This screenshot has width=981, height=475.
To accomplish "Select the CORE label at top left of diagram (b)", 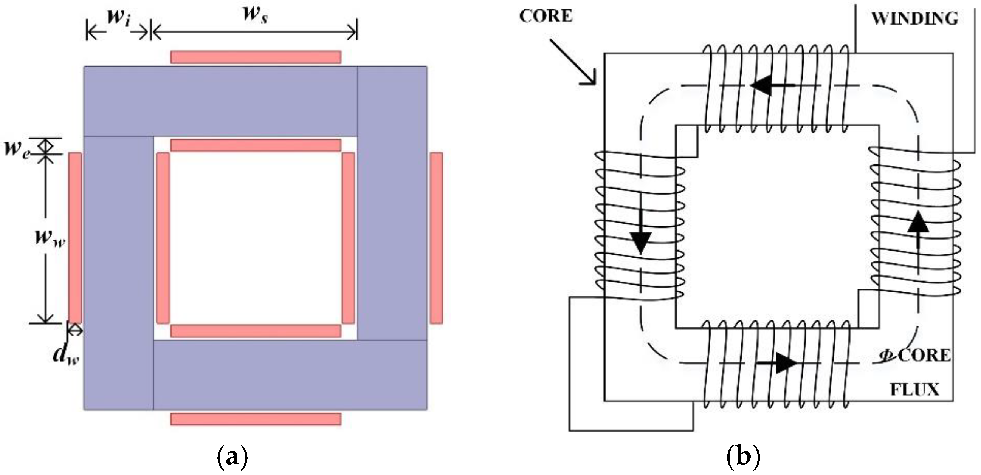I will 546,16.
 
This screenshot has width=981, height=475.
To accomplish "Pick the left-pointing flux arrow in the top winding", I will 772,85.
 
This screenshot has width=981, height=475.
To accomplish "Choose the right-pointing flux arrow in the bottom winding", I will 777,363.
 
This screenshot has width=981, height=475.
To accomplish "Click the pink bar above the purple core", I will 256,57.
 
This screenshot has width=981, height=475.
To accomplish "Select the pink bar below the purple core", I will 256,419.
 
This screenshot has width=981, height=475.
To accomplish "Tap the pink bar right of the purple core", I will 436,238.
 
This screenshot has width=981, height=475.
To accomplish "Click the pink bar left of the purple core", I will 75,238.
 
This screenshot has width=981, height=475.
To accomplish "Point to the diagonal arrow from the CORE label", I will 571,61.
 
